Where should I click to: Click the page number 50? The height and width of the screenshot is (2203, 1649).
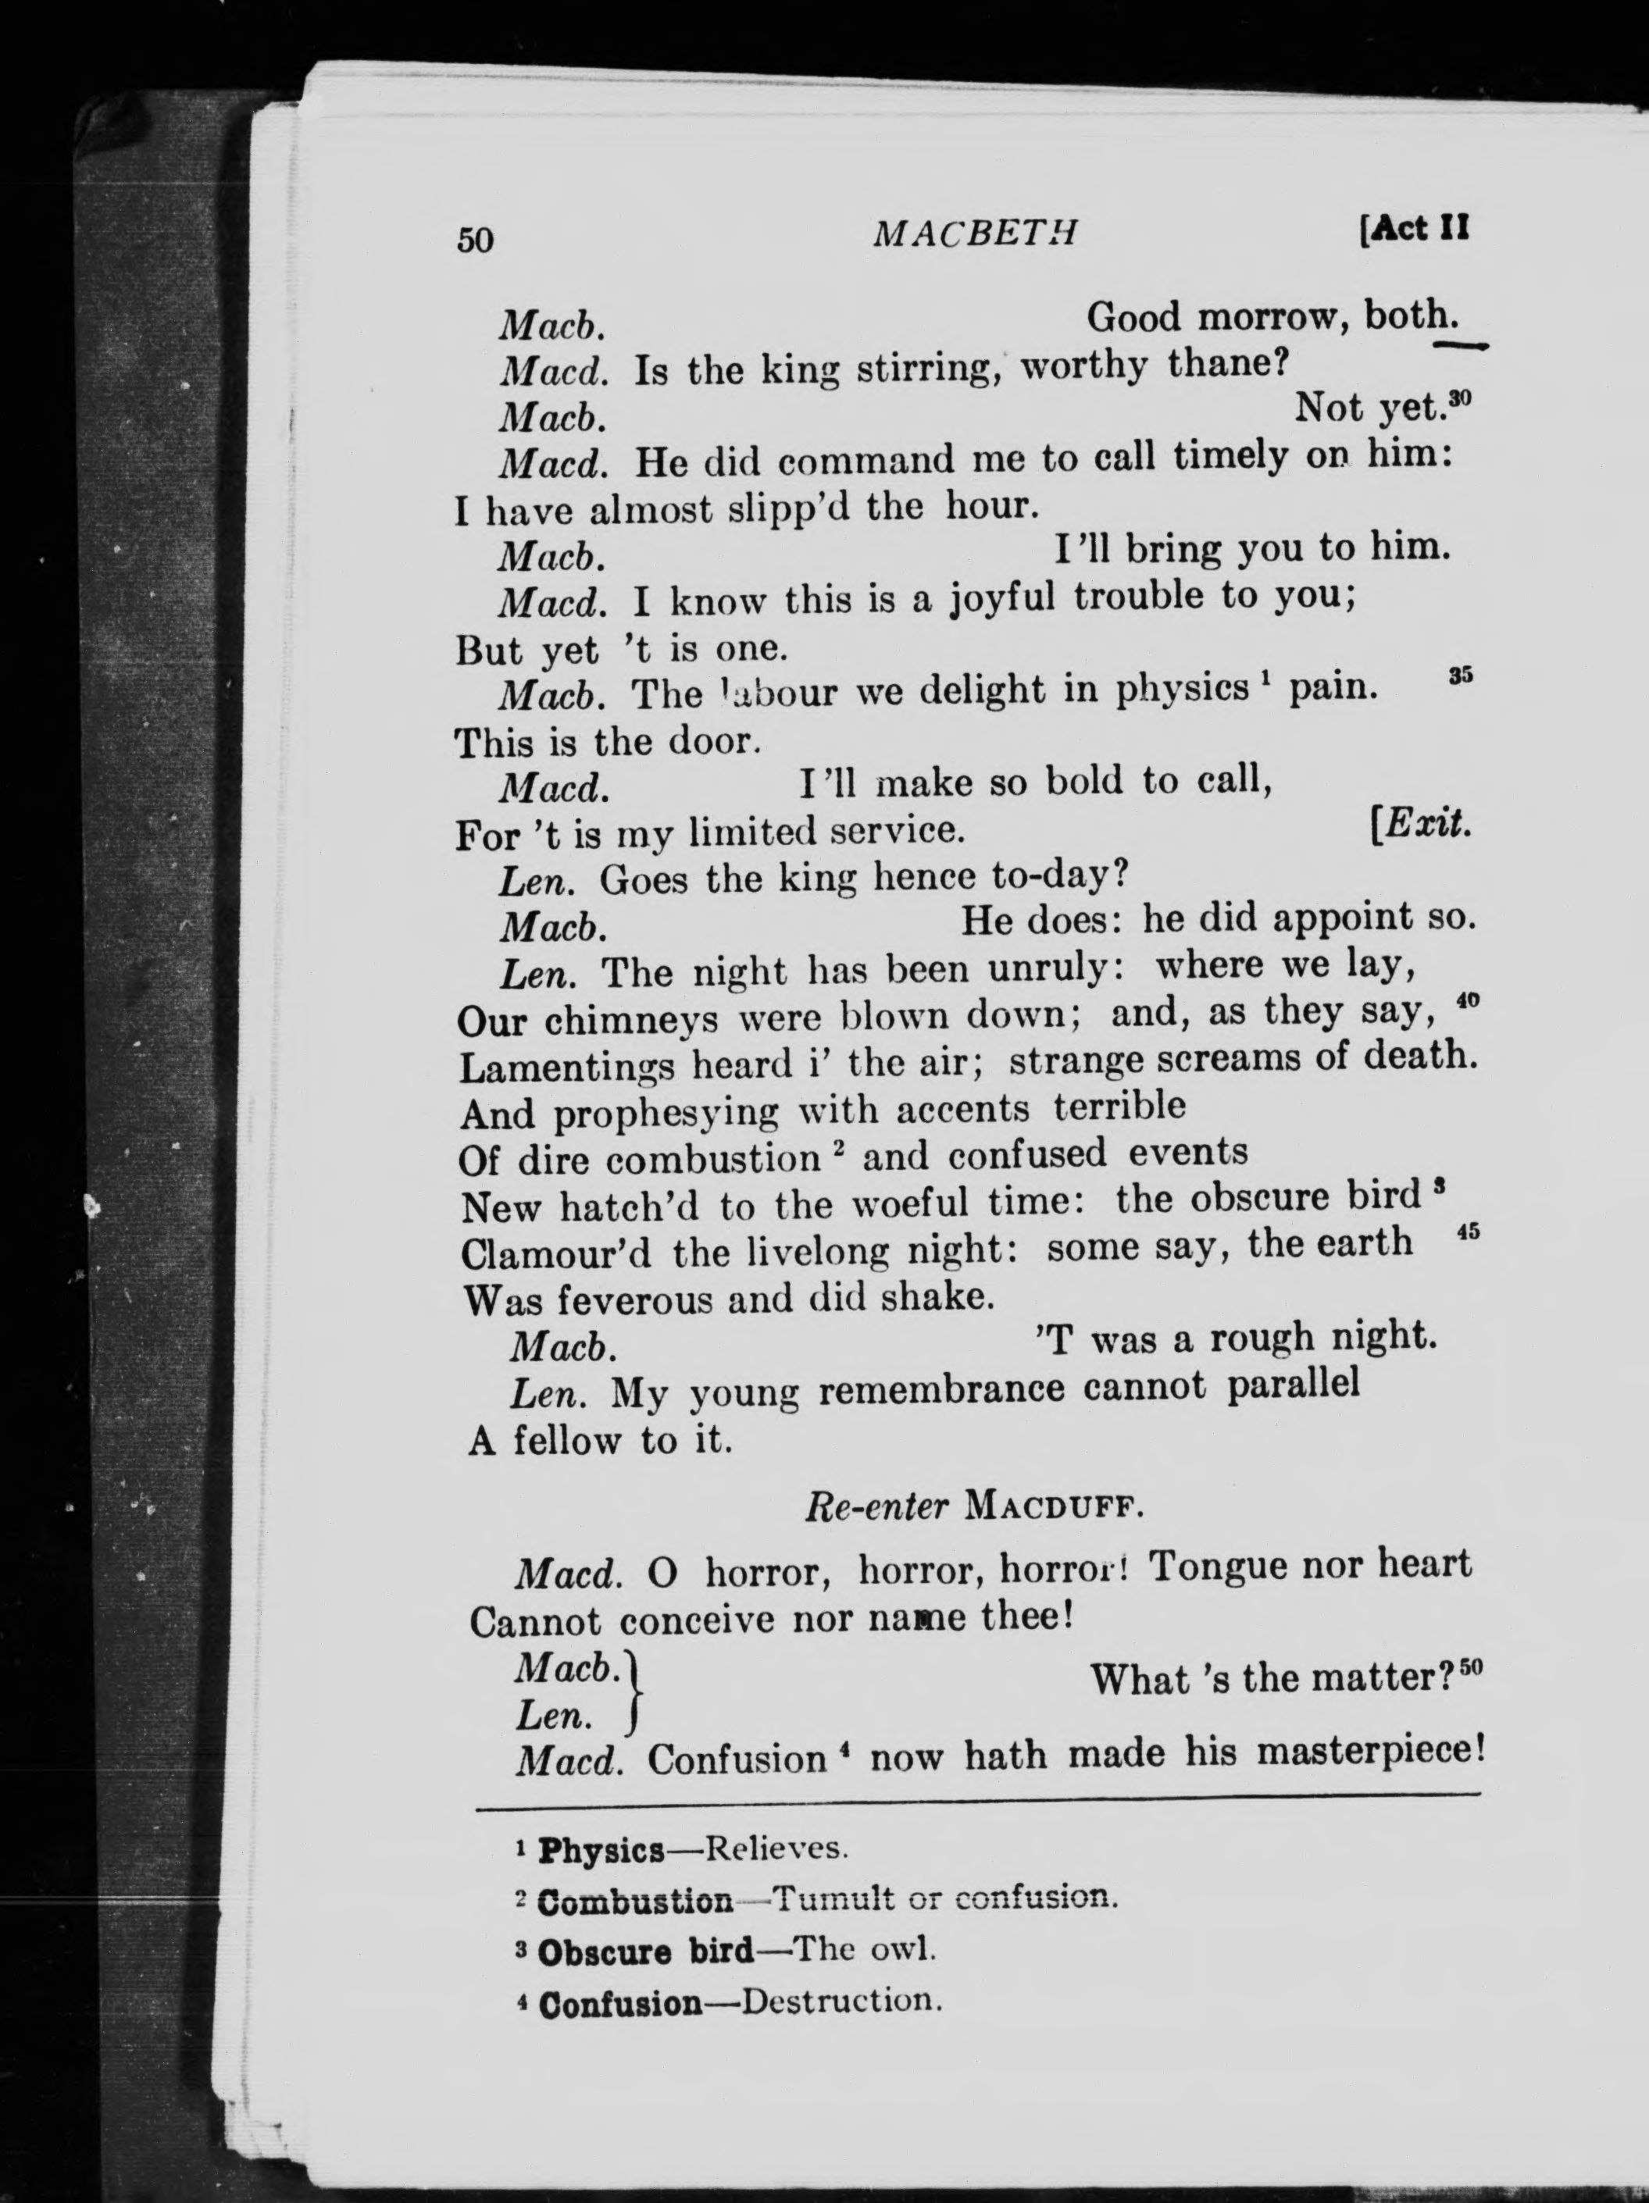pos(475,240)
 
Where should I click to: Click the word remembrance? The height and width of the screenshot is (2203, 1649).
pos(941,1388)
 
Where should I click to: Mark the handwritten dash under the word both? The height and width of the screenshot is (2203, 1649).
pos(1458,344)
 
